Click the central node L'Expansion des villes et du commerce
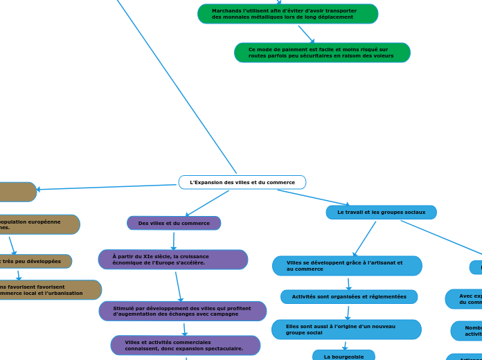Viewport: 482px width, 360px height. coord(242,182)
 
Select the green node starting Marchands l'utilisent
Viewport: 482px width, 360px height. coord(287,14)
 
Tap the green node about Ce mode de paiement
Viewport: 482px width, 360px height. coord(322,53)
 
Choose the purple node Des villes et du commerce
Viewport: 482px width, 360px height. coord(174,223)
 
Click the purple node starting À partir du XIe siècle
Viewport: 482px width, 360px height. coord(173,260)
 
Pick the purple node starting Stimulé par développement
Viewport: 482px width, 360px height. coord(183,311)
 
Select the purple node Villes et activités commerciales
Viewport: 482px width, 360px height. coord(185,345)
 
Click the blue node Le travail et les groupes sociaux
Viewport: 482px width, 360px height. coord(381,212)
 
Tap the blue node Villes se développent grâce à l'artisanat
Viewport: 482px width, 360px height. coord(347,266)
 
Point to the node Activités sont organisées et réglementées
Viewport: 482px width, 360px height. coord(349,296)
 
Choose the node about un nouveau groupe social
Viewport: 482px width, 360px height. coord(346,330)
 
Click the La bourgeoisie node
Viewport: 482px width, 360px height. coord(343,356)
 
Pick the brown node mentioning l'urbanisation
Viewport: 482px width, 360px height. coord(48,290)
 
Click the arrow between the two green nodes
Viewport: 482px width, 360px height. coord(306,34)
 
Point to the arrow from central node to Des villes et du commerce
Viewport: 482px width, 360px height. coord(206,204)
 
